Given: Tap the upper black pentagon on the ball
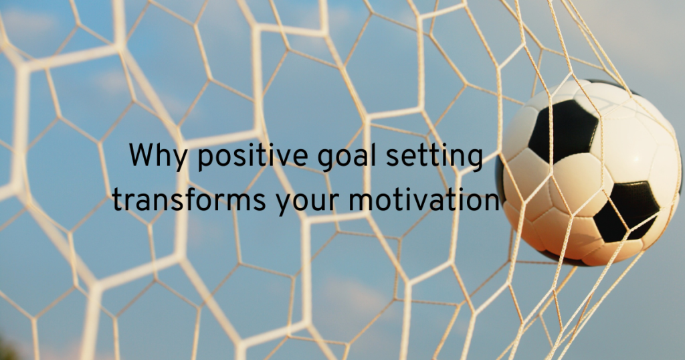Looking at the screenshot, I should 563,130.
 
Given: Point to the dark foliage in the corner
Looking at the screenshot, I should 7,351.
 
